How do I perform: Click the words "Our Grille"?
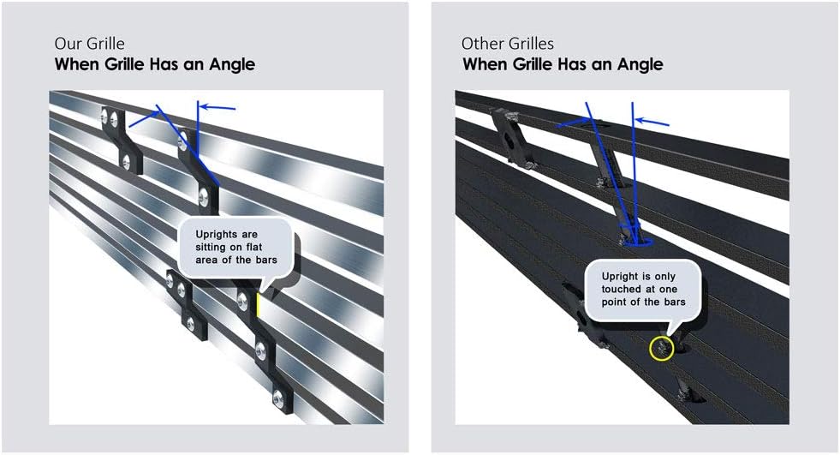click(89, 44)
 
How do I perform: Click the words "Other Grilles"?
click(508, 44)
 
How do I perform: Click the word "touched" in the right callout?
click(621, 290)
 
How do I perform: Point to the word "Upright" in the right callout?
click(620, 277)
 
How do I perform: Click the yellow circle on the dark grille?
click(661, 349)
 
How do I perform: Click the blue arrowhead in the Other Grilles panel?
click(639, 121)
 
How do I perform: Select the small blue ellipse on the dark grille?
click(638, 242)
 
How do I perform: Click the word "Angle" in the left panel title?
click(232, 65)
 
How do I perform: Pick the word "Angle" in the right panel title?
click(640, 65)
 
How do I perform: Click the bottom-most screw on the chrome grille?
click(277, 398)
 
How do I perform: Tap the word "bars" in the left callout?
click(265, 260)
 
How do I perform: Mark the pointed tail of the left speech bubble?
click(265, 290)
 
